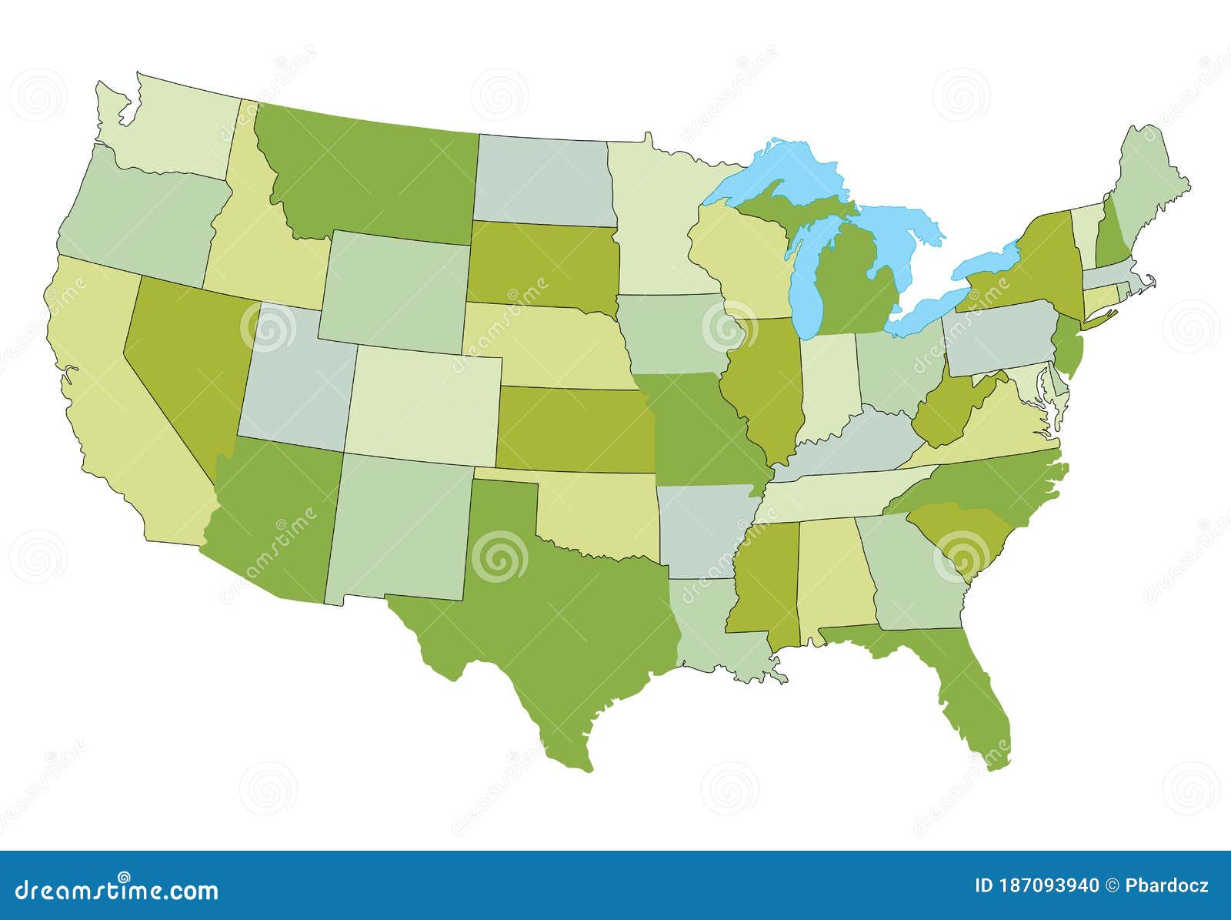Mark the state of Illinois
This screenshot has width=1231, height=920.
766,385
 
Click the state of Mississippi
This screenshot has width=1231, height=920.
766,585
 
